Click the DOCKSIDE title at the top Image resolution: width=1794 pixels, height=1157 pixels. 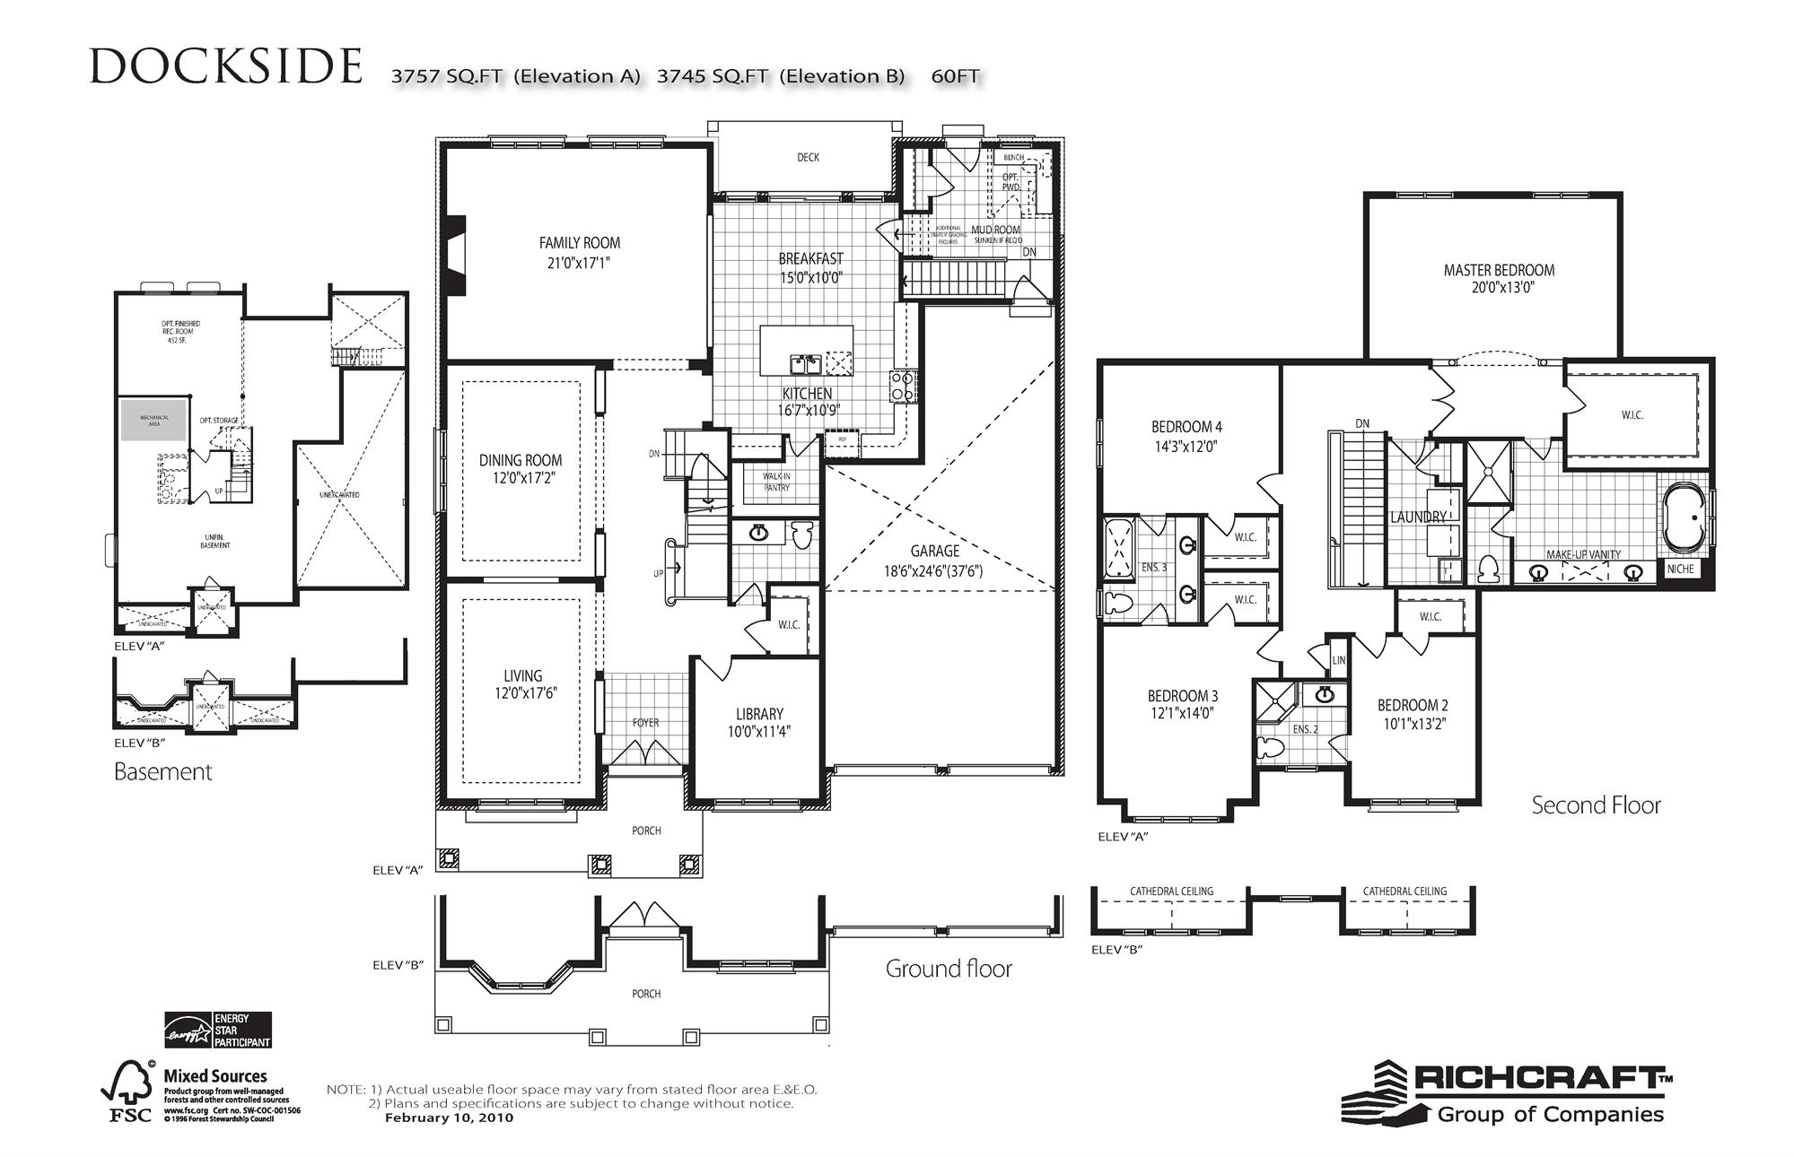226,67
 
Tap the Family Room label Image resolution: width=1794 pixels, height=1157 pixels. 579,243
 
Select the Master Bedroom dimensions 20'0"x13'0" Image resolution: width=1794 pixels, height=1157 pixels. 1498,289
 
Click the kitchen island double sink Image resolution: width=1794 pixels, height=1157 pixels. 805,364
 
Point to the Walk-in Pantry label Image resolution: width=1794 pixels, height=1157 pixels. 776,483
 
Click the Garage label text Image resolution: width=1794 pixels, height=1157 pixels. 934,551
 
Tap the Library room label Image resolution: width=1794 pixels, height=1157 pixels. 759,714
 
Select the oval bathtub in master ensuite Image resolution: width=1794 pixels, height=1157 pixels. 1685,518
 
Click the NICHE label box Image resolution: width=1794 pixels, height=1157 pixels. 1679,570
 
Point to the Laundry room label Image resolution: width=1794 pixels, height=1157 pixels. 1418,518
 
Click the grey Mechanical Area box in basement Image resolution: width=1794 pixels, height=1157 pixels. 154,420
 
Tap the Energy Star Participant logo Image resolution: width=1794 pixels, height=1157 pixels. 217,1031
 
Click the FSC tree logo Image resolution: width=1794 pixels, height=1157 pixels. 128,1088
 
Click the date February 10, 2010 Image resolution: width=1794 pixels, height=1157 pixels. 449,1118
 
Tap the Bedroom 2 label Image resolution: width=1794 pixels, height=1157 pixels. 1413,706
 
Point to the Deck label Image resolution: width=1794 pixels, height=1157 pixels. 808,158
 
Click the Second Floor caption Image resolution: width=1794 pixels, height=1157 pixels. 1595,805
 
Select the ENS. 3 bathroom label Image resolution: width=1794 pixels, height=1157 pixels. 1154,568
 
